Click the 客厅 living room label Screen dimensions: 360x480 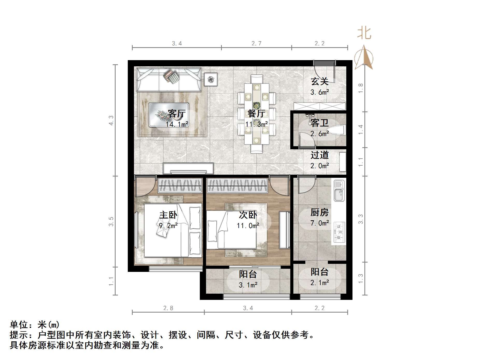[x=177, y=114]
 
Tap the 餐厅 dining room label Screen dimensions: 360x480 [x=256, y=114]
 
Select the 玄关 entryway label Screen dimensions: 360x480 [x=320, y=82]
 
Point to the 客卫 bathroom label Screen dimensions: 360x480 [x=320, y=123]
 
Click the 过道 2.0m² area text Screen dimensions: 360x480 [x=320, y=166]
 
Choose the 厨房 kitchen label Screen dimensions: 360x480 [x=320, y=213]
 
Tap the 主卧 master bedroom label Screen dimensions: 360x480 [x=168, y=215]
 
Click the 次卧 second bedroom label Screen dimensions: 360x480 [x=248, y=215]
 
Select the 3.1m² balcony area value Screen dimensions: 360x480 [x=248, y=285]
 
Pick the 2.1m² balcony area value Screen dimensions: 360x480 [x=320, y=283]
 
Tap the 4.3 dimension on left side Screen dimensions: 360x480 [x=111, y=120]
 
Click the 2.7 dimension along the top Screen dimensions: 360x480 [x=256, y=43]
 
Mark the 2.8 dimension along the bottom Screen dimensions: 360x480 [x=168, y=308]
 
